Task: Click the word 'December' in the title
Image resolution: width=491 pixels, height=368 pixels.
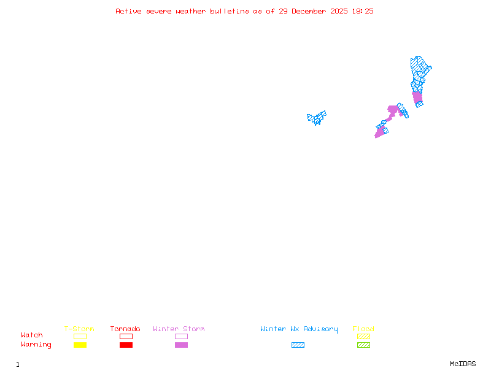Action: point(311,11)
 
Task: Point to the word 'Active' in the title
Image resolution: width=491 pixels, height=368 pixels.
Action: point(128,11)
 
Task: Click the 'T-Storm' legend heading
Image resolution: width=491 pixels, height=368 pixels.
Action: point(79,329)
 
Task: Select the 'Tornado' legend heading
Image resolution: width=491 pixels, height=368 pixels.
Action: point(125,329)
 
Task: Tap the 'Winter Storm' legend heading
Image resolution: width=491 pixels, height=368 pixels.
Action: point(179,329)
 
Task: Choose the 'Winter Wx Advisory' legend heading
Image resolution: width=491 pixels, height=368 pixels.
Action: point(299,329)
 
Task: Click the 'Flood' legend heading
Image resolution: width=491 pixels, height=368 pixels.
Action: point(363,329)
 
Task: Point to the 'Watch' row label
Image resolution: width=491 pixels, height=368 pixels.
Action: point(32,335)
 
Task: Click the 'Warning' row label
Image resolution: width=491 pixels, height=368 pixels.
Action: point(36,345)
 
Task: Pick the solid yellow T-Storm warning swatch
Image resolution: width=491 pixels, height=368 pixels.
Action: point(80,345)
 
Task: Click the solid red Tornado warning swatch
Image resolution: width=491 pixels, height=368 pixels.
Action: point(126,345)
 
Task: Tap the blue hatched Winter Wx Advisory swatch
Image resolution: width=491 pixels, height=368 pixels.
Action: point(298,345)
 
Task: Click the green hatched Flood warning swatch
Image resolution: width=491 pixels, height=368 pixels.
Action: point(363,345)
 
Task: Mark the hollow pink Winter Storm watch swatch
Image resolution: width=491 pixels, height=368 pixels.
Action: point(181,336)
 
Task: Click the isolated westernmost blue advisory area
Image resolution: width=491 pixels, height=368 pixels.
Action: point(317,117)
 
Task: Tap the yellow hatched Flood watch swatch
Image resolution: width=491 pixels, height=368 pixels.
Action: point(363,336)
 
